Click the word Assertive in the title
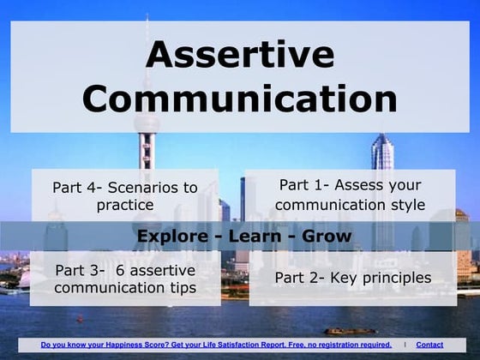point(240,55)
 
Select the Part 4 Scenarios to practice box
point(125,195)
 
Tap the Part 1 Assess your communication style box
point(350,195)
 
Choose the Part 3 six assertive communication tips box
point(125,279)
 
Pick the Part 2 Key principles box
point(352,278)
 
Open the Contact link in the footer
point(429,345)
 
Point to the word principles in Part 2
point(389,278)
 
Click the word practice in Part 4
point(125,205)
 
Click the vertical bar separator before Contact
point(405,345)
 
